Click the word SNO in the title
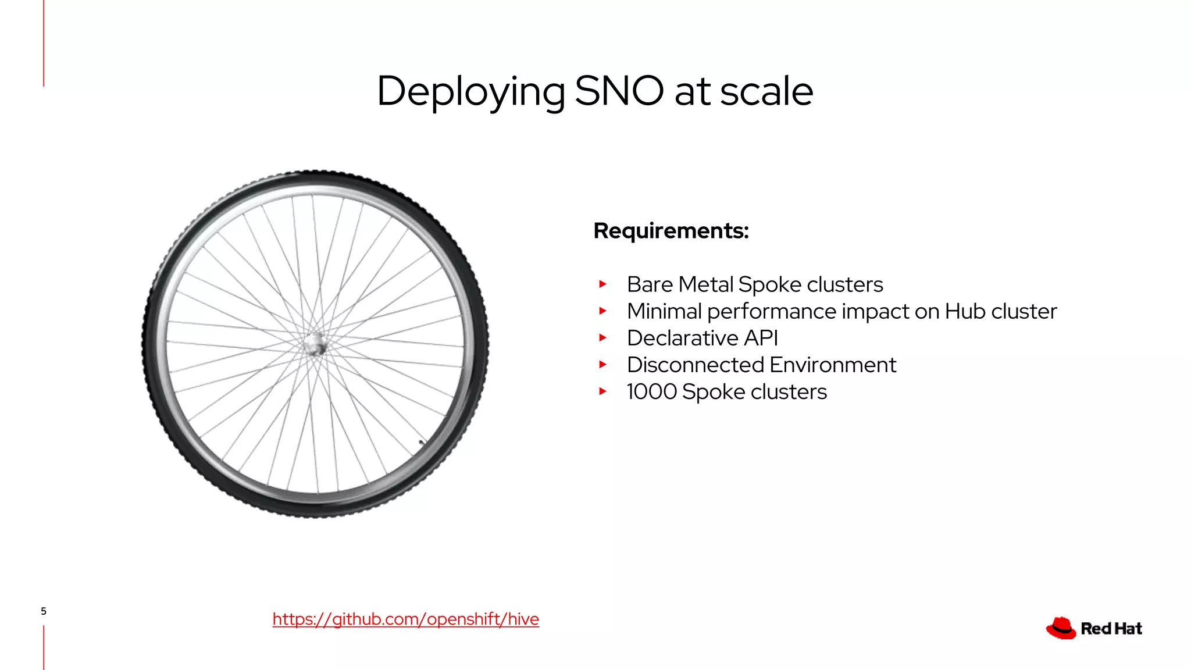[619, 91]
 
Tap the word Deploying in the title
[470, 91]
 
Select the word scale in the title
[766, 91]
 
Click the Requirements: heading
[671, 231]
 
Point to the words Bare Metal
[680, 284]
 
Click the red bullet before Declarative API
[603, 338]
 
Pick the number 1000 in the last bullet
[651, 392]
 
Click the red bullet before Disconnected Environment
[603, 365]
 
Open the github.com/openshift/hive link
[405, 619]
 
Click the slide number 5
[44, 611]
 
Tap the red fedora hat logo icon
[1061, 628]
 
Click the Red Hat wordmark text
[1111, 629]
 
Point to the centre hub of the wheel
[315, 344]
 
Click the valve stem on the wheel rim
[422, 443]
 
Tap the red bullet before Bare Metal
[603, 284]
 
